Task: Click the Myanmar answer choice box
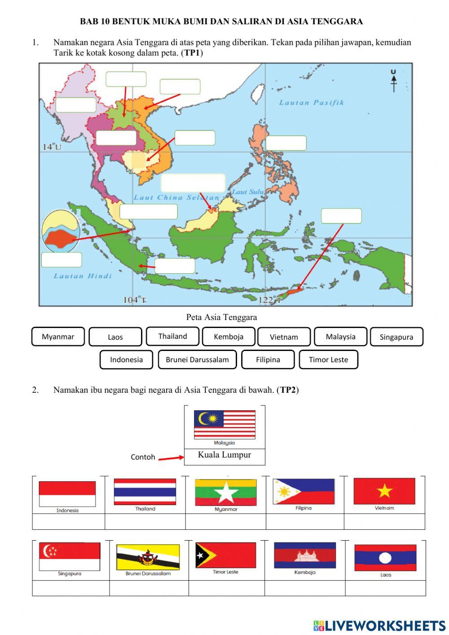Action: [x=58, y=337]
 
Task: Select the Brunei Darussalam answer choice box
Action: [x=197, y=360]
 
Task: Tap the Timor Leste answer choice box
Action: [x=328, y=360]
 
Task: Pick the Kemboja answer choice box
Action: [x=229, y=337]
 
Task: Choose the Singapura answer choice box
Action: [x=396, y=337]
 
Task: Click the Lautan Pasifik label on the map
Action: [x=312, y=102]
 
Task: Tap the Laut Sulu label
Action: [x=248, y=192]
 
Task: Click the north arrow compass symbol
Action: [x=394, y=81]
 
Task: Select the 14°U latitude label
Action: [x=52, y=147]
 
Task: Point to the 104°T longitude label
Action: [x=135, y=300]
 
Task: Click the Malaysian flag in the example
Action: [x=224, y=424]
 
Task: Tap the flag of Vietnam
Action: [x=384, y=491]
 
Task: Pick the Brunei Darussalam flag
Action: [x=148, y=557]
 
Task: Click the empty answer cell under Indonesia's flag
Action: [x=68, y=522]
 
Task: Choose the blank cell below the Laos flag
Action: [x=385, y=588]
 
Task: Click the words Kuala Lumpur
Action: [x=224, y=455]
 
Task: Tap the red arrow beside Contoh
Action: [x=171, y=458]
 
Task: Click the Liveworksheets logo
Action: [x=379, y=626]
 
